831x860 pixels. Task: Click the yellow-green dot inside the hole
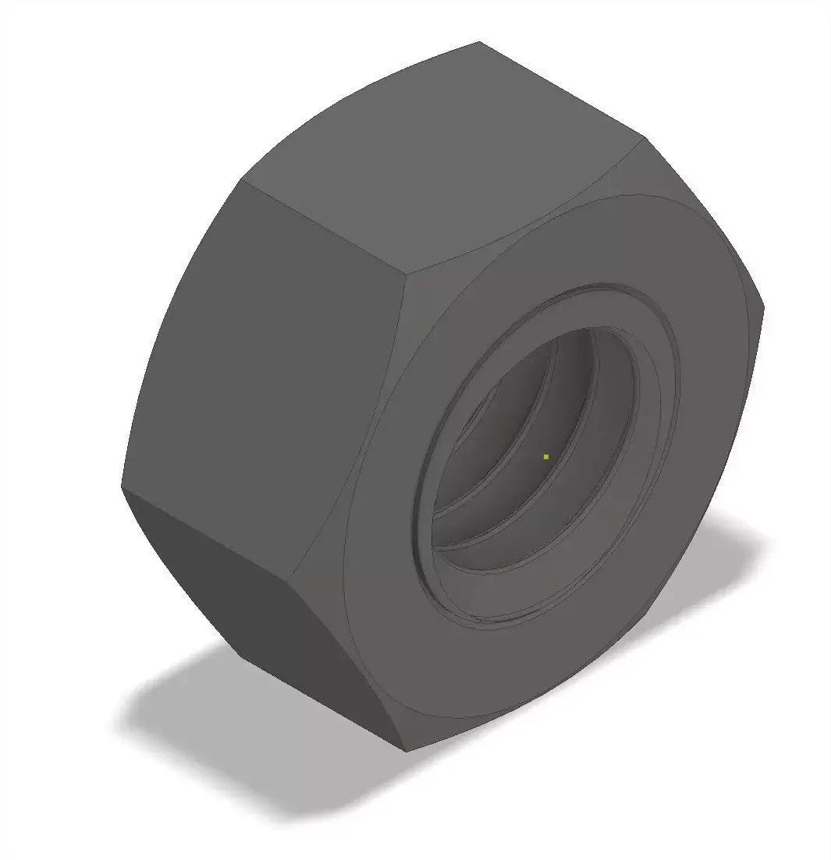tap(546, 456)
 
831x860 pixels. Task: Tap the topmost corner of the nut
tap(478, 42)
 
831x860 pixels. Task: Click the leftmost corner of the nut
tap(122, 487)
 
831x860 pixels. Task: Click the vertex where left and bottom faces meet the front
tap(295, 579)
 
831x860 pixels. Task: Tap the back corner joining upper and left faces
tap(242, 183)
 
